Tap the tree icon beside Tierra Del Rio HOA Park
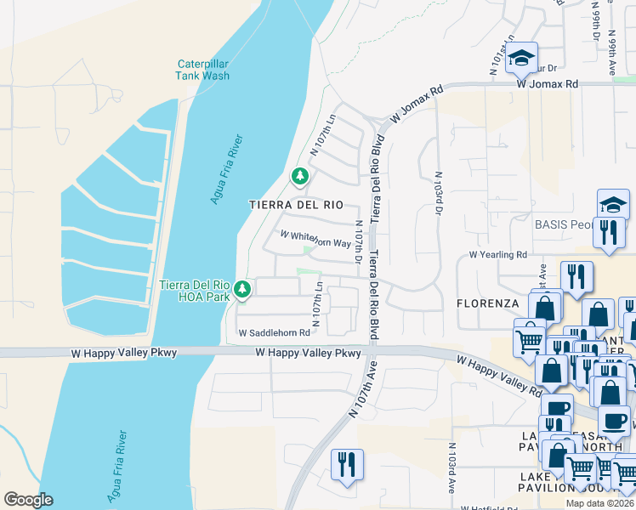pos(243,291)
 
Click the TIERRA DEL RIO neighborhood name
pos(296,205)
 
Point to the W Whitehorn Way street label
pos(315,242)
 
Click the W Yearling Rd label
pos(498,254)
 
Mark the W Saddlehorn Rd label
pos(274,333)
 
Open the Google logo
pos(28,500)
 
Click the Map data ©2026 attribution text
pos(599,503)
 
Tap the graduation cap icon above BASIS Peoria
pos(613,205)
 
